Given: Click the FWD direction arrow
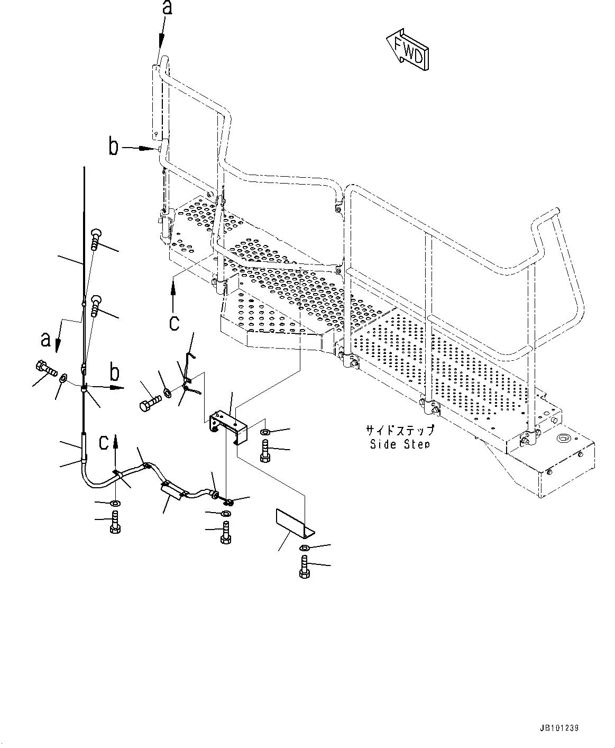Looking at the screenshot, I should [408, 51].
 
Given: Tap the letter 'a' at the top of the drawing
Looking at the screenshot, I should [167, 9].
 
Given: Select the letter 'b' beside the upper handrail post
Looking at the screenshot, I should [113, 147].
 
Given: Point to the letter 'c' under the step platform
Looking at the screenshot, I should [175, 321].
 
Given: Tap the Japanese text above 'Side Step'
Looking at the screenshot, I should [400, 430].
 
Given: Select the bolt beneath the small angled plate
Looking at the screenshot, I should [305, 567].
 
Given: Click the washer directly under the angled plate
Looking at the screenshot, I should [304, 548].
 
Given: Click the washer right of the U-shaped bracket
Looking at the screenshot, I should [265, 433].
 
